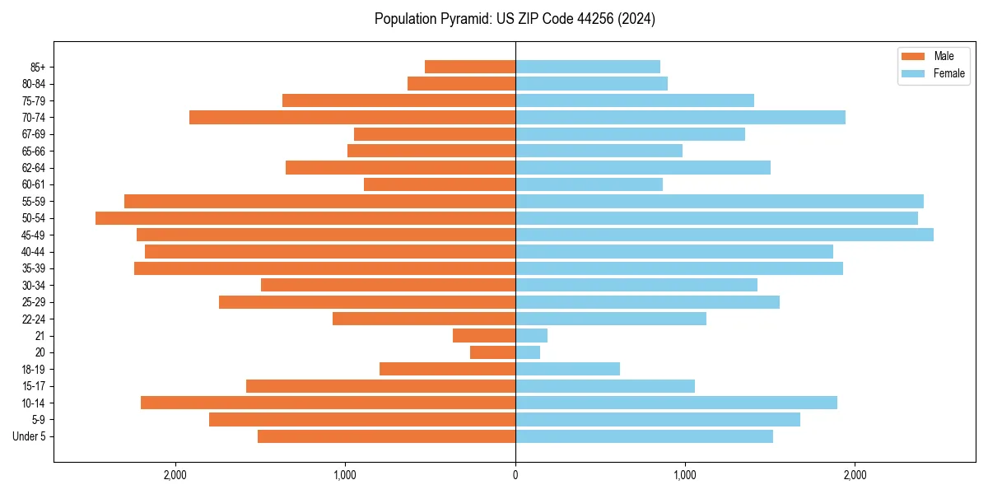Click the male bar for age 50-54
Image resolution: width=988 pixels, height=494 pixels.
(305, 218)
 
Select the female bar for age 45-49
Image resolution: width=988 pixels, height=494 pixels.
(725, 235)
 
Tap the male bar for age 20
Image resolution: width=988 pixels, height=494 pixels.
(492, 352)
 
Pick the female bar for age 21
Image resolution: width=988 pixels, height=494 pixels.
(531, 336)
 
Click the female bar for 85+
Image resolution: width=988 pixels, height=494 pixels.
(588, 67)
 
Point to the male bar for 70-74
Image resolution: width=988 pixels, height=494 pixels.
(352, 117)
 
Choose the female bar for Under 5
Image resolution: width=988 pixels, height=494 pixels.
(644, 436)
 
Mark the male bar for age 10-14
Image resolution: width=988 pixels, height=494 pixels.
(328, 403)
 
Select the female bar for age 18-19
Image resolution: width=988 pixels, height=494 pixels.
(567, 369)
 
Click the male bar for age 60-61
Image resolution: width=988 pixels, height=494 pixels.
(440, 184)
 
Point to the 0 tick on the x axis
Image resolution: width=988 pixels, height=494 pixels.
(515, 475)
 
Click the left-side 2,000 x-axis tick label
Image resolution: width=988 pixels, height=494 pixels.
(175, 475)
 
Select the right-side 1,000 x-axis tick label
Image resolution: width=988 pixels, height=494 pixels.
(685, 475)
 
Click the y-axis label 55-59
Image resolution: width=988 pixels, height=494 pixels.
(34, 202)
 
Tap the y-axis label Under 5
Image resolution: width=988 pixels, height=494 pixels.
(29, 436)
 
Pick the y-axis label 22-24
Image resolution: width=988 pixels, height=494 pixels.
(34, 319)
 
